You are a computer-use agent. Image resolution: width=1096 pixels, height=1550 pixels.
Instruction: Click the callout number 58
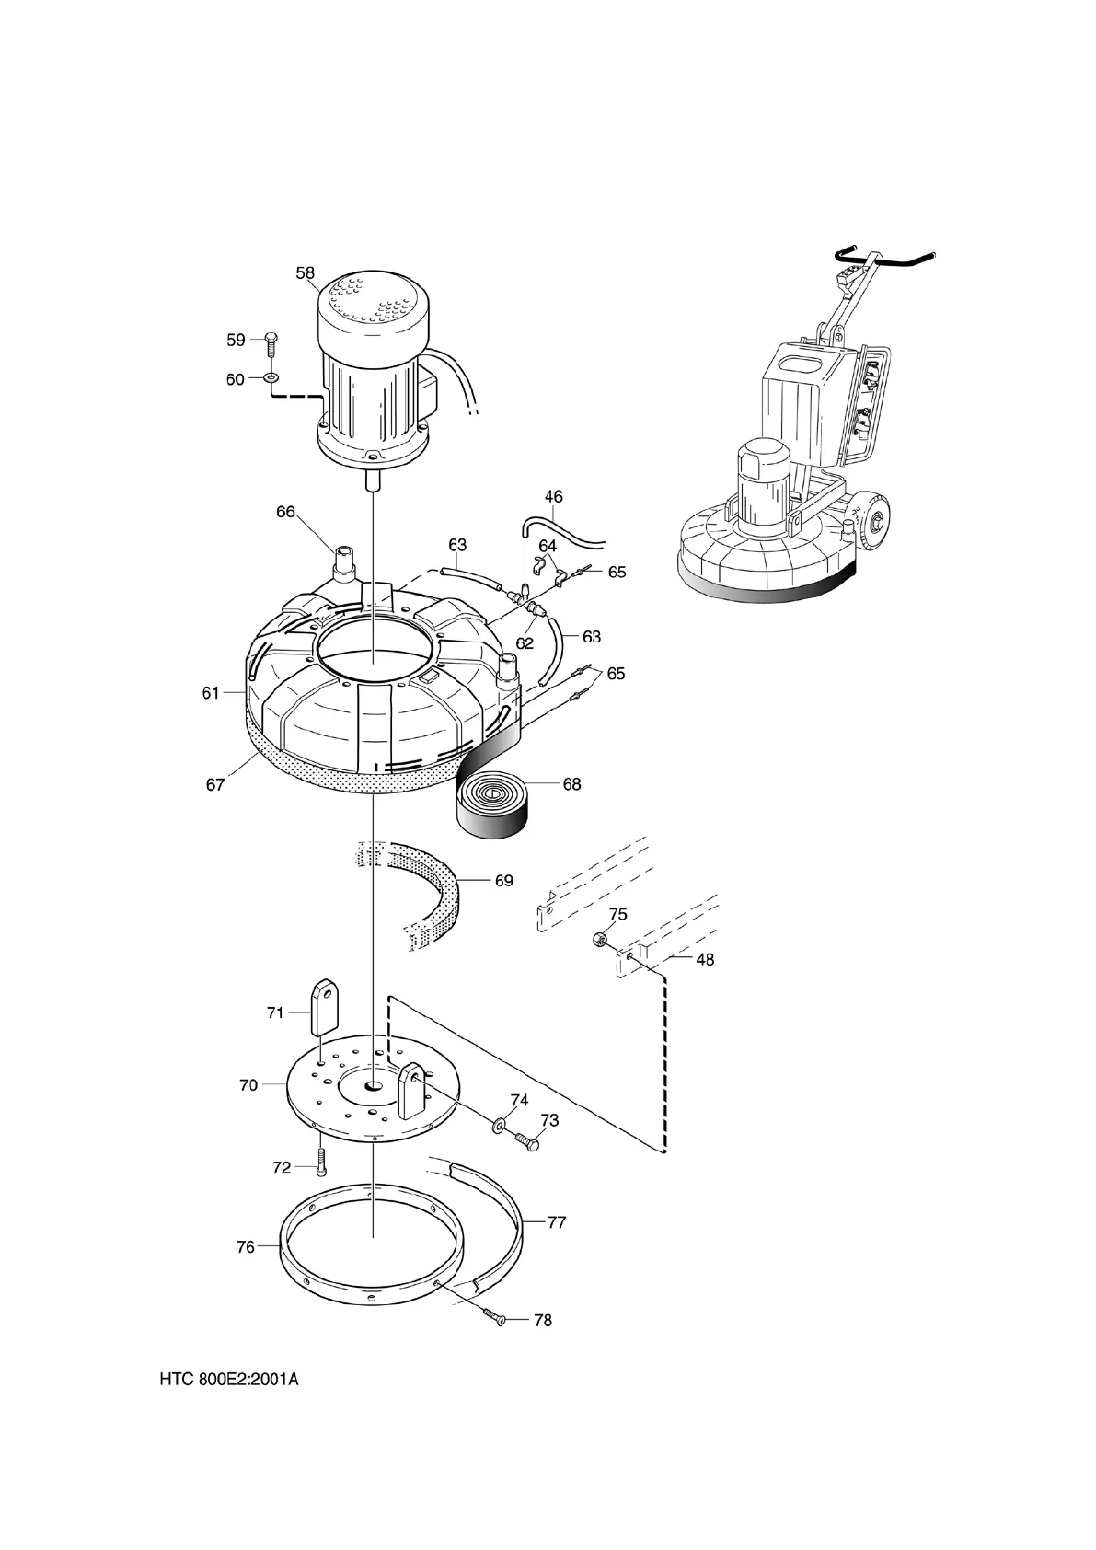[305, 272]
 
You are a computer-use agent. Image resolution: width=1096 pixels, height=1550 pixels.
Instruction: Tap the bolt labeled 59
[270, 342]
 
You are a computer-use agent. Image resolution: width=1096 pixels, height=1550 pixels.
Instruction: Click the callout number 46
[553, 496]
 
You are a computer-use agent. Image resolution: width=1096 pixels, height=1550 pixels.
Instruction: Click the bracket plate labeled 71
[323, 1007]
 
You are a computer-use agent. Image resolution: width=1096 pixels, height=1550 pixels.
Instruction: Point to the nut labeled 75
[598, 940]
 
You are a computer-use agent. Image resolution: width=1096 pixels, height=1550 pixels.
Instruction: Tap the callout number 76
[245, 1247]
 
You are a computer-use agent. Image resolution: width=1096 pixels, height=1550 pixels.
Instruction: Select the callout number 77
[557, 1222]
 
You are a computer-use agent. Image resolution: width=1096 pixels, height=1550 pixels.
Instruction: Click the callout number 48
[704, 959]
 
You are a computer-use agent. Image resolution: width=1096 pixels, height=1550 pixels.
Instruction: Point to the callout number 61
[211, 692]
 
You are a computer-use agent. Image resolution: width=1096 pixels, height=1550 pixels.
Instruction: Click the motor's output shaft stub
[373, 480]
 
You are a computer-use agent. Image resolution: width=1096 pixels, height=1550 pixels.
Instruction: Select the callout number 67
[215, 785]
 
